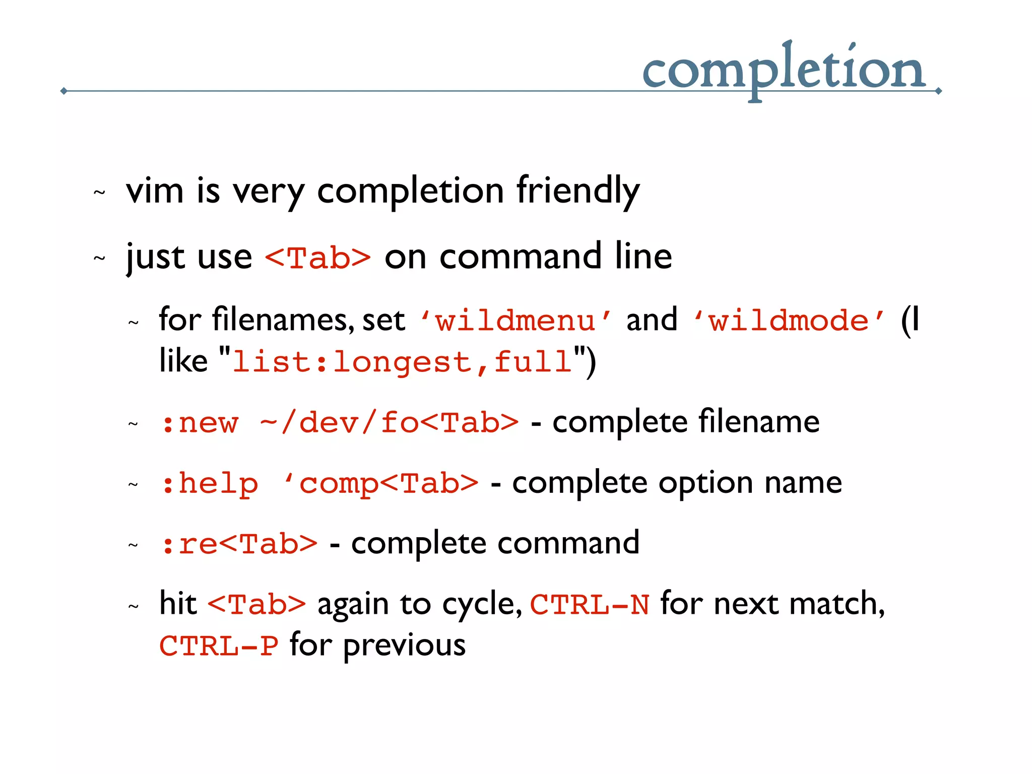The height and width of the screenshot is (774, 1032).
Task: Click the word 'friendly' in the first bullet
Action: point(578,191)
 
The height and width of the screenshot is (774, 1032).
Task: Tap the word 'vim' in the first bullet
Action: point(155,191)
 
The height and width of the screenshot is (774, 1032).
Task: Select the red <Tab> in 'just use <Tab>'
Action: point(318,258)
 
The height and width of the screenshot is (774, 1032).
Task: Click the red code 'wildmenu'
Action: point(515,321)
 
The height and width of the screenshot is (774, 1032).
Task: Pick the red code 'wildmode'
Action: point(789,321)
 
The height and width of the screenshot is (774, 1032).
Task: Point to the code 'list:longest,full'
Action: point(402,362)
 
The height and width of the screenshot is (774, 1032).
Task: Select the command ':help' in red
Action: point(210,483)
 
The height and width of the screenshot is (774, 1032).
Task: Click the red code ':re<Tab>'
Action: point(239,544)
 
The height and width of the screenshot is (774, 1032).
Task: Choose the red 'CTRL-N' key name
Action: point(590,605)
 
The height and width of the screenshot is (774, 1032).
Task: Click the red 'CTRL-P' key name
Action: point(219,646)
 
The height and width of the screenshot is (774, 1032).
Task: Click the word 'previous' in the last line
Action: point(404,646)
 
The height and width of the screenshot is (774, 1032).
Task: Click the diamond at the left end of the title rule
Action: point(63,91)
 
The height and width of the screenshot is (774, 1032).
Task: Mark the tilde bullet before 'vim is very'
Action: point(99,192)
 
